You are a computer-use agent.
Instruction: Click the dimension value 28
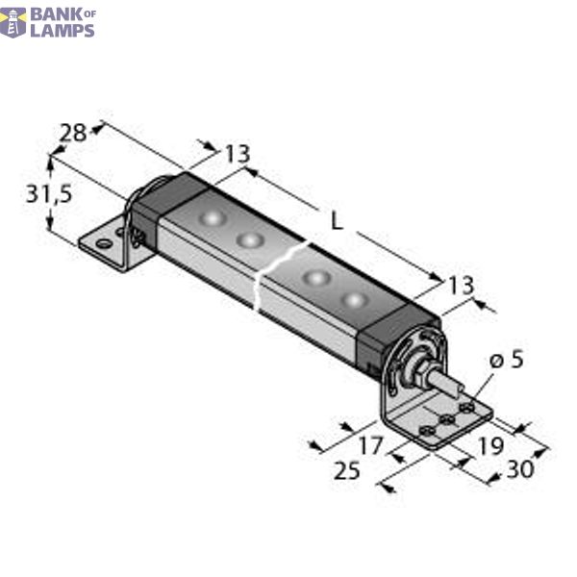point(72,133)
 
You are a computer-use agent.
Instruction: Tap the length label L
point(336,220)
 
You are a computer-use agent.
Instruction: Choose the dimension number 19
point(489,445)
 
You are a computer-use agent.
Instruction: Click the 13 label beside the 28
point(237,154)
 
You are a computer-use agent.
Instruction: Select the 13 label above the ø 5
point(461,285)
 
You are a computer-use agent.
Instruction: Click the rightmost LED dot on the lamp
point(356,301)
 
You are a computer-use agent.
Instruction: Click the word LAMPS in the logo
point(63,30)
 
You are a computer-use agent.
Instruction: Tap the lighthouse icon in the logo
point(13,21)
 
